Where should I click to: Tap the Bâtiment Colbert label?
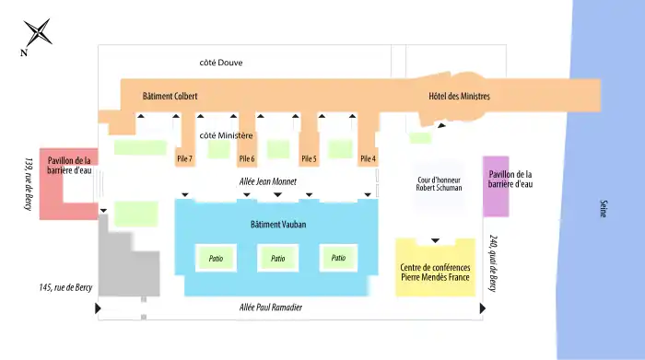170,96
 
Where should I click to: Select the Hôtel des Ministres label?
459,96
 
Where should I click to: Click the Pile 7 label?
184,158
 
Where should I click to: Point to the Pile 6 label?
247,158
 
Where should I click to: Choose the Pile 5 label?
309,158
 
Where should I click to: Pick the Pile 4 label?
369,158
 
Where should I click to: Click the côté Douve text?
221,63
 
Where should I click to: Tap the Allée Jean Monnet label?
268,181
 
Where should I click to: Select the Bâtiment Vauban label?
278,225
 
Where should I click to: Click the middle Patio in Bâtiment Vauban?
277,258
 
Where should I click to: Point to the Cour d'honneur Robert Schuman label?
439,184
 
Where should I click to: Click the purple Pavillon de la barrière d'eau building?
496,186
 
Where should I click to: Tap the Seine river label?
604,209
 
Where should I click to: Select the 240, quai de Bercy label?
493,263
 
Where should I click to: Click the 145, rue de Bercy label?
65,287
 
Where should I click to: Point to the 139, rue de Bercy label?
29,184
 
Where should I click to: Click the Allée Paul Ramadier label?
271,308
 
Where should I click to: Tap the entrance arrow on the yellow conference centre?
435,240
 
